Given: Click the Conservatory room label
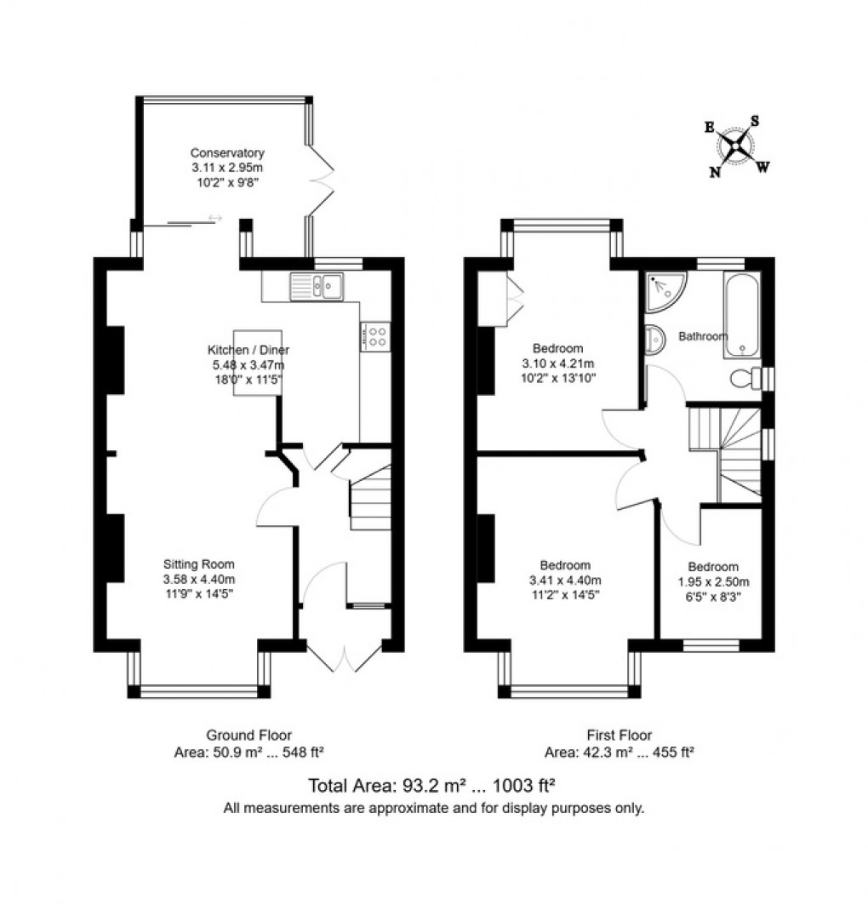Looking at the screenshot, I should (x=226, y=153).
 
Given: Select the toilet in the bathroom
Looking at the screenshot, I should (x=745, y=378).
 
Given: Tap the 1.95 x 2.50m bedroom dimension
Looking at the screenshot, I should (x=713, y=581).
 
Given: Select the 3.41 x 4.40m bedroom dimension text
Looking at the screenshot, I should (x=566, y=581).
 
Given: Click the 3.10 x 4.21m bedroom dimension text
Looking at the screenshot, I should (x=557, y=363).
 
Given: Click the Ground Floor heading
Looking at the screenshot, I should (x=248, y=735).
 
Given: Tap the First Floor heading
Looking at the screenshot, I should (x=619, y=735).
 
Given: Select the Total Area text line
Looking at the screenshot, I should (x=433, y=784).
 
